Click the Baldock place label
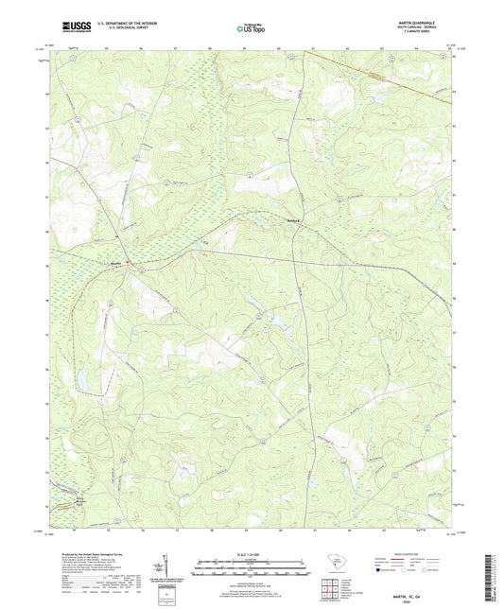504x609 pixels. pyautogui.click(x=267, y=222)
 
